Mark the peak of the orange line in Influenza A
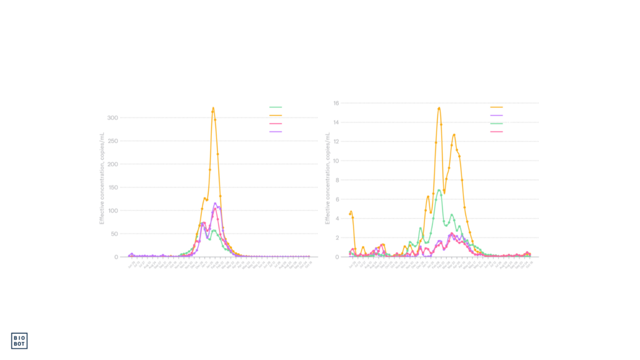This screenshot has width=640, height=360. click(x=213, y=108)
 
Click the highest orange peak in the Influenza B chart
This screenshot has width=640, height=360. click(x=439, y=107)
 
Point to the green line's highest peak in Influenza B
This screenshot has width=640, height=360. click(x=439, y=189)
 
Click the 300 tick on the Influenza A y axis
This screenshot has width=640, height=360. click(x=113, y=117)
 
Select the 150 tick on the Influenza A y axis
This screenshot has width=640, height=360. click(x=113, y=187)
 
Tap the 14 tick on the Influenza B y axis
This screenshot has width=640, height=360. click(x=336, y=122)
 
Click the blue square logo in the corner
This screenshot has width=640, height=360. click(x=19, y=341)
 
